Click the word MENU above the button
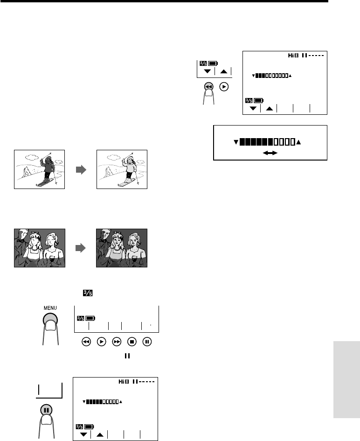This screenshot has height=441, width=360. pos(50,308)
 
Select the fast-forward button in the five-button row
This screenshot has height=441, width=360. pos(117,342)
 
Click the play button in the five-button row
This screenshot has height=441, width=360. pos(102,342)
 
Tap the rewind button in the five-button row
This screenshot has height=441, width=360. pos(86,342)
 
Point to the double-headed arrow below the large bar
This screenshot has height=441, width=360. pos(270,153)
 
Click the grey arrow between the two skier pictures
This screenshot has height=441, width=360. pos(81,169)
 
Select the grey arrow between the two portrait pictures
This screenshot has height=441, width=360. pos(81,248)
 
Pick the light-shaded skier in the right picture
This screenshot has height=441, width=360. pos(130,171)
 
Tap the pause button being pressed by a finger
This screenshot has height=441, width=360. pos(46,410)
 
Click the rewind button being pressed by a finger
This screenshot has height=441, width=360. pos(208,87)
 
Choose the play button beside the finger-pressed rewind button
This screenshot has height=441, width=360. pos(224,87)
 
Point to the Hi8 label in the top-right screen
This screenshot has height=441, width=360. pos(293,56)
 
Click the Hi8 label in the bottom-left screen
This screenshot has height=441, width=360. pos(124,382)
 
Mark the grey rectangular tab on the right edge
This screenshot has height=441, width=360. pos(347,380)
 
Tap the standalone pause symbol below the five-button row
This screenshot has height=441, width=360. pos(127,356)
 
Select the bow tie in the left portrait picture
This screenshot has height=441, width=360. pos(20,241)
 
